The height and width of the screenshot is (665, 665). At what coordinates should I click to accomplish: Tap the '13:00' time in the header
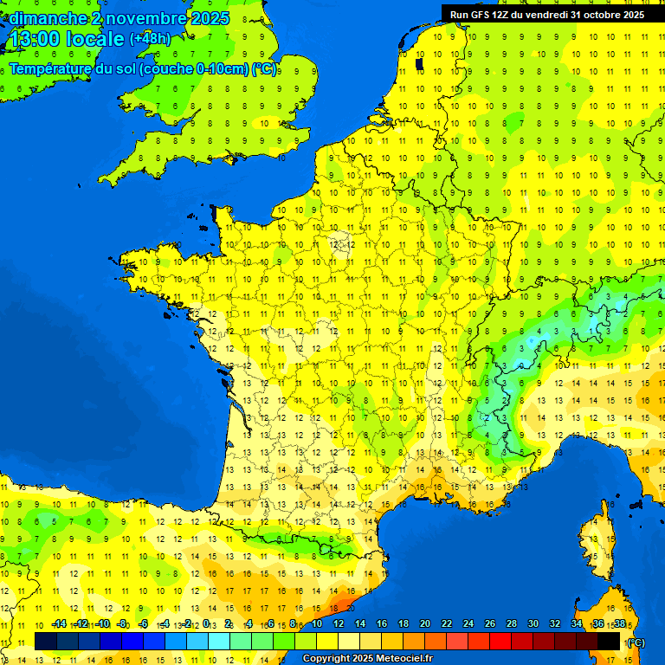32,39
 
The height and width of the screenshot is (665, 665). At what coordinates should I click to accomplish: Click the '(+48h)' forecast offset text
150,39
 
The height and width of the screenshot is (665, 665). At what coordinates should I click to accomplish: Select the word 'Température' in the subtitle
50,69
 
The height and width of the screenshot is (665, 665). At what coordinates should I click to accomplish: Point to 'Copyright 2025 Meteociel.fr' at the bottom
367,658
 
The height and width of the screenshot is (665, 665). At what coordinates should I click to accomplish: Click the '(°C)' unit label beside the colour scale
635,642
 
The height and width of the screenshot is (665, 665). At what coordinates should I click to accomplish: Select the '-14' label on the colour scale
59,624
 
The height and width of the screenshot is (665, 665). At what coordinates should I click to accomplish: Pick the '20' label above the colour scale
424,624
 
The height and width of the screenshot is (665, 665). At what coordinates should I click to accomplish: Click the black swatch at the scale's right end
609,641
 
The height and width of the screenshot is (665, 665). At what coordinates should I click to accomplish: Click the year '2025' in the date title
211,18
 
